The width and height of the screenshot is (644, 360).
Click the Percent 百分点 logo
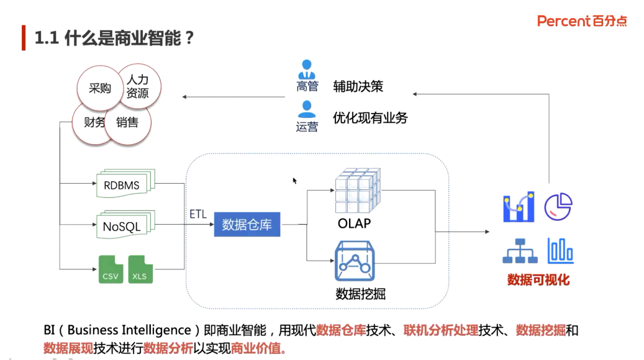pos(582,21)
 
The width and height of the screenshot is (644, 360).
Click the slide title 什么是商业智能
pos(115,38)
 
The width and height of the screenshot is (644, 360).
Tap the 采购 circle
pos(99,88)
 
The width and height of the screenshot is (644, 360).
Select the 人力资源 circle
pos(138,86)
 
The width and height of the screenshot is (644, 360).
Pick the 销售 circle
pos(127,122)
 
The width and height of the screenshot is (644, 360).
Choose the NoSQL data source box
pos(122,226)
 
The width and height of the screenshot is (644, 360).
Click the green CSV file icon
pos(111,269)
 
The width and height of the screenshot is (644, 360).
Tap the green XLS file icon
pos(140,269)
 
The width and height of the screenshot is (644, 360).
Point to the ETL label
pos(198,214)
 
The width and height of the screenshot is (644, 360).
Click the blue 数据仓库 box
pos(247,224)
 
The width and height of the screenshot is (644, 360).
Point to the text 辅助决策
pos(358,86)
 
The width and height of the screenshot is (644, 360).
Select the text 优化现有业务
pos(370,117)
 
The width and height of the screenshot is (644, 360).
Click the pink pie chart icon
pos(558,206)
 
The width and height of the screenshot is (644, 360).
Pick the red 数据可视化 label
pos(538,280)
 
